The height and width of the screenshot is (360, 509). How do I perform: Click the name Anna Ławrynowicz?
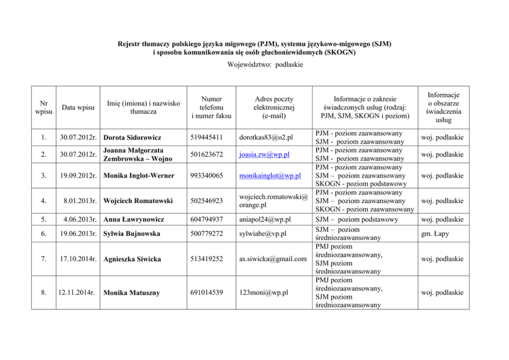point(134,219)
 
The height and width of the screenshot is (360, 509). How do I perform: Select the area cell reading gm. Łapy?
point(435,234)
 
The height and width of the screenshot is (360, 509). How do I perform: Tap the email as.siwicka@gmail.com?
point(273,259)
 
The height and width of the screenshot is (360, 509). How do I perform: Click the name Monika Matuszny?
point(131,293)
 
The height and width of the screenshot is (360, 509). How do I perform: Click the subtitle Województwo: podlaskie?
point(254,65)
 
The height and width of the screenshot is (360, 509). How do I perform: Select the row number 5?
point(44,219)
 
